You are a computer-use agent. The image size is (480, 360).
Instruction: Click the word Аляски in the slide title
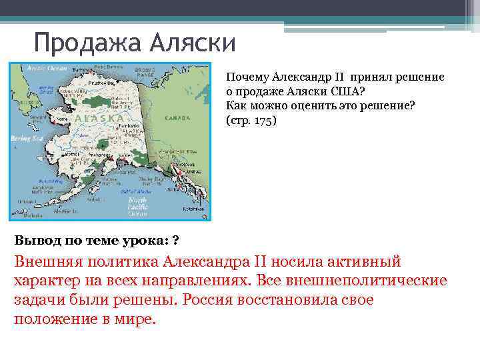pos(193,43)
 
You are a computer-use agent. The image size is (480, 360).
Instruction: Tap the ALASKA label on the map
pos(100,119)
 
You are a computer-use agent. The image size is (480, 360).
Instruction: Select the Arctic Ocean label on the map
pos(47,68)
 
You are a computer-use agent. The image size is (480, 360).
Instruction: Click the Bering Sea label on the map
pos(27,138)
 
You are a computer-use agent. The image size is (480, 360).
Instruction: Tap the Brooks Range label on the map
pos(145,71)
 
